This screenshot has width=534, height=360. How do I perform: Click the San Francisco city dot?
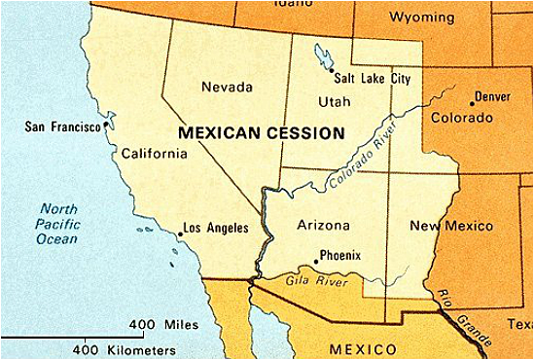tap(105, 127)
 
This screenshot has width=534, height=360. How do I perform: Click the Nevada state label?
tap(227, 88)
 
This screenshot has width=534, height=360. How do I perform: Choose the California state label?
tap(154, 153)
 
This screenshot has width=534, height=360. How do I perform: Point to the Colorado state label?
tap(461, 117)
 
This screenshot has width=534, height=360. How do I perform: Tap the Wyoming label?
tap(421, 18)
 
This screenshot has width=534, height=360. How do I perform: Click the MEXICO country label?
tap(363, 348)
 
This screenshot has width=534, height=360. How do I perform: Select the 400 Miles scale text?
tap(163, 324)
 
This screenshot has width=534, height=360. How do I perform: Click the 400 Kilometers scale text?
tap(125, 348)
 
